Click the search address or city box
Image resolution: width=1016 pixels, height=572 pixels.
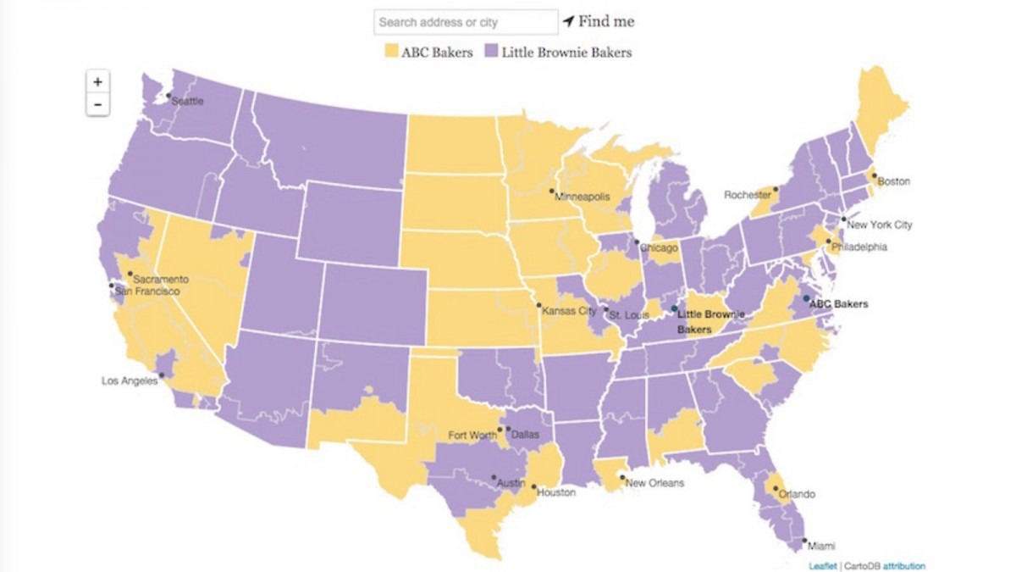[x=466, y=22]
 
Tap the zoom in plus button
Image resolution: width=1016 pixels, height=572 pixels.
[x=98, y=82]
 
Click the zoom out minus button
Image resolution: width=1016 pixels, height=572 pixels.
[x=98, y=104]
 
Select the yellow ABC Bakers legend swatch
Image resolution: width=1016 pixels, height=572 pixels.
[x=392, y=52]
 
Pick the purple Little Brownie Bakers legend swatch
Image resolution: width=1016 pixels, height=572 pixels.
[x=491, y=52]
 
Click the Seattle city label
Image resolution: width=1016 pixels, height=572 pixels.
[x=188, y=101]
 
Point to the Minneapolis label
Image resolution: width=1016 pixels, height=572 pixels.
[x=582, y=197]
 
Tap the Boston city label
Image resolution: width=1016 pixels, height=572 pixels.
[x=893, y=181]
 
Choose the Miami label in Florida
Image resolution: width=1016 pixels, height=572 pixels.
[x=820, y=547]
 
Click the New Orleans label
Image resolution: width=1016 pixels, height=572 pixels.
[x=654, y=483]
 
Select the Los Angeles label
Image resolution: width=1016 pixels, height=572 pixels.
[x=129, y=381]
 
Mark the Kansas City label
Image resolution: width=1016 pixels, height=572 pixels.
[x=570, y=311]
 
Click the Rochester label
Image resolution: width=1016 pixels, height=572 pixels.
[x=747, y=195]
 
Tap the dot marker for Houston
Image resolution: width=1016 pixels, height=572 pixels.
[x=533, y=487]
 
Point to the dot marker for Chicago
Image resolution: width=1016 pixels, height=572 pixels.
[x=637, y=242]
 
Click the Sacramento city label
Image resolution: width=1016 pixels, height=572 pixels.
[x=160, y=279]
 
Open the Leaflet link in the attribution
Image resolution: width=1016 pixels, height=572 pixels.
[x=822, y=566]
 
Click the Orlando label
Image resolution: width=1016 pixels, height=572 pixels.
[x=798, y=494]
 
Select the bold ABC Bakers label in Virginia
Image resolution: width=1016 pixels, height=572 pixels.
[x=838, y=303]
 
